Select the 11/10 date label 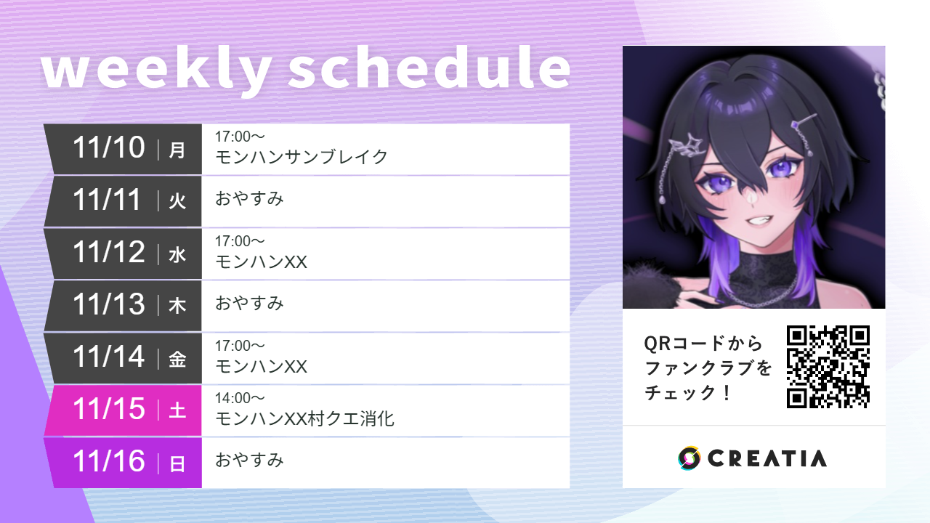[109, 148]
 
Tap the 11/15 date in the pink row [109, 410]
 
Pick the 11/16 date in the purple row [109, 462]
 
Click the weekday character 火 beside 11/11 [177, 202]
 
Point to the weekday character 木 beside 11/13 [177, 307]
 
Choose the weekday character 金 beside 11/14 [177, 359]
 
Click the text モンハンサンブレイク [302, 157]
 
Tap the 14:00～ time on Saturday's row [240, 398]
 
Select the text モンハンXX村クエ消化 [304, 418]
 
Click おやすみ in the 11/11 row [249, 198]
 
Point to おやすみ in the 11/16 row [249, 460]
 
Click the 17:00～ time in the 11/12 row [240, 241]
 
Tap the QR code [828, 367]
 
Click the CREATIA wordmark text [767, 458]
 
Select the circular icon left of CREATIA [689, 458]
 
